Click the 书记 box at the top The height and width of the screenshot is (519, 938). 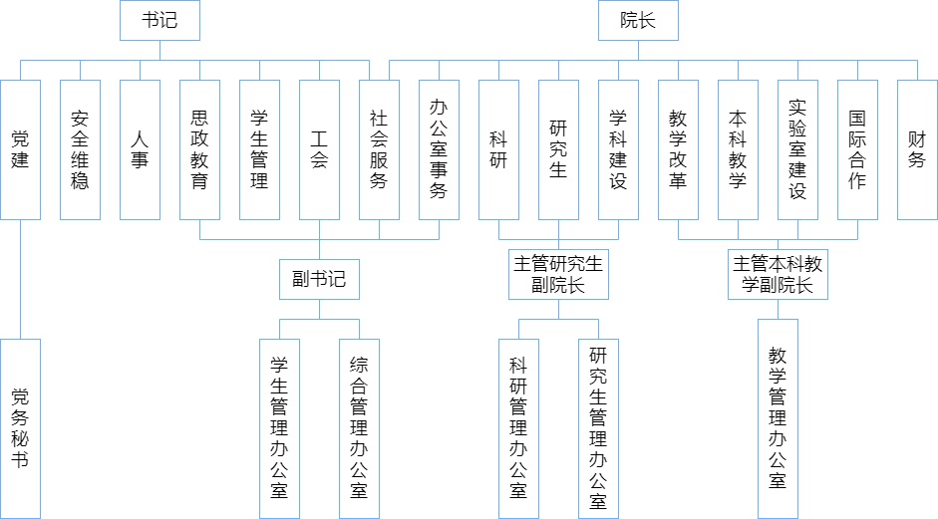(x=159, y=20)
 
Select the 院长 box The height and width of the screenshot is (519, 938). (x=638, y=20)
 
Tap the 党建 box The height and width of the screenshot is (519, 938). (x=20, y=149)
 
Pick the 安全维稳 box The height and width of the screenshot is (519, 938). (x=80, y=149)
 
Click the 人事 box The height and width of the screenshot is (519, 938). (x=140, y=149)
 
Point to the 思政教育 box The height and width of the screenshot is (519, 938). (x=199, y=149)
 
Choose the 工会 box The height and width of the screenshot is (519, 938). (x=319, y=149)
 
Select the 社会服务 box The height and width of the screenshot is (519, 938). (x=379, y=149)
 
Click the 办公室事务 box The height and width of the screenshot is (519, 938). (x=439, y=149)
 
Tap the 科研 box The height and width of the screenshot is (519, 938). (x=498, y=149)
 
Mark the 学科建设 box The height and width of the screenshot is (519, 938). (x=618, y=149)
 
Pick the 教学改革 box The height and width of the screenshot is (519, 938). (x=678, y=149)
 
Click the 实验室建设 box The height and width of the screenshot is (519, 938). (x=797, y=149)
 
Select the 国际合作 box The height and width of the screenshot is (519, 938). (x=857, y=149)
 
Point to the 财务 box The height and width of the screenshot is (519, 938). (x=917, y=149)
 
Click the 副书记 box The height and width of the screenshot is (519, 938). (x=319, y=279)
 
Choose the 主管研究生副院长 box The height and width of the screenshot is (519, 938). (x=558, y=274)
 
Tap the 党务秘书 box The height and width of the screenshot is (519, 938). (x=20, y=428)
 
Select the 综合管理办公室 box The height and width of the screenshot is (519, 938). (x=359, y=428)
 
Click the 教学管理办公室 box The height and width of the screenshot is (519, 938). (x=778, y=418)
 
